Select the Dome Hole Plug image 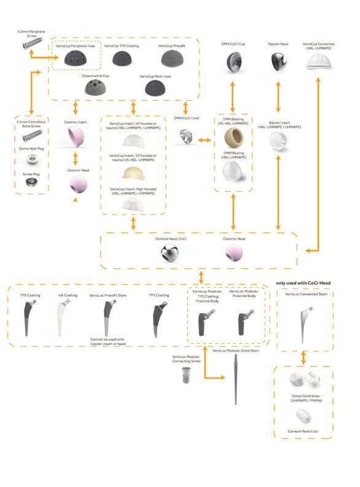[29, 162]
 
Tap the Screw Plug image [29, 183]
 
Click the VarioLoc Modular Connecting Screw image [186, 373]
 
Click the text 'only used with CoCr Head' [303, 283]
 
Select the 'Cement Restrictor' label [302, 432]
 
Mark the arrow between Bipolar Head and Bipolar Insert [280, 92]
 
